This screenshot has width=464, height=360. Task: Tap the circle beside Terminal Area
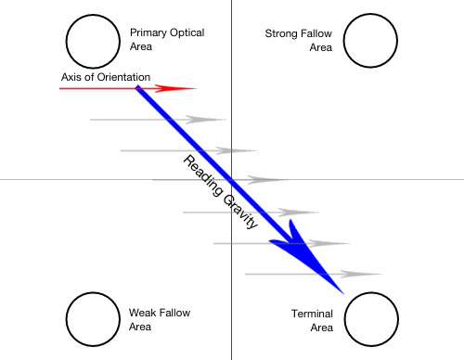pyautogui.click(x=369, y=318)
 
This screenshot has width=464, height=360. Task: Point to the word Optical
pyautogui.click(x=187, y=33)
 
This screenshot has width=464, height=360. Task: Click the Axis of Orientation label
pyautogui.click(x=105, y=77)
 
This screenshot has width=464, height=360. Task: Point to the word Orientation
pyautogui.click(x=123, y=77)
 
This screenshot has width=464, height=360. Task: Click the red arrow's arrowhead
pyautogui.click(x=182, y=88)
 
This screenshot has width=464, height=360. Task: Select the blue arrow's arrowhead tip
pyautogui.click(x=342, y=291)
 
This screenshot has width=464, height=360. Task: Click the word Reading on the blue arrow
pyautogui.click(x=202, y=174)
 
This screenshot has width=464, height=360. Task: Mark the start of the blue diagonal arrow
pyautogui.click(x=138, y=88)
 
